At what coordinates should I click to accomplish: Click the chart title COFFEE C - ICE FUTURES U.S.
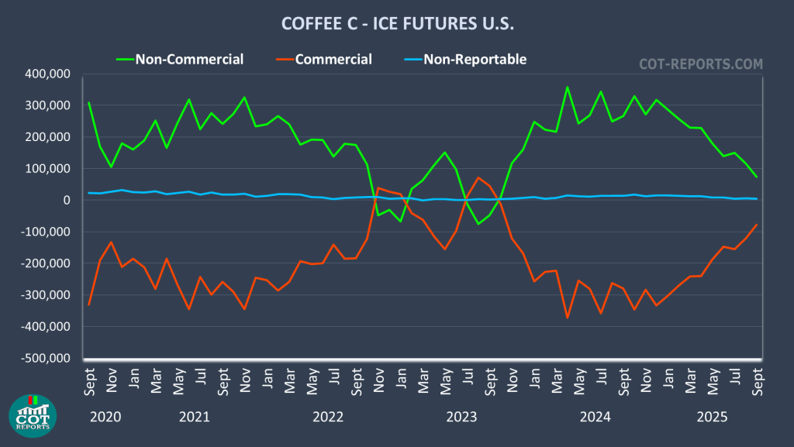pyautogui.click(x=397, y=25)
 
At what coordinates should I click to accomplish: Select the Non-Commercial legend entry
pyautogui.click(x=189, y=59)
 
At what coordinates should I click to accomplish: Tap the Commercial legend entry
pyautogui.click(x=333, y=59)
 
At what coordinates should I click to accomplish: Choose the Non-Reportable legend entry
pyautogui.click(x=475, y=59)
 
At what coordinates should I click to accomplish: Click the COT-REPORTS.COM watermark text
pyautogui.click(x=700, y=64)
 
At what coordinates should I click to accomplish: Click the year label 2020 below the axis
pyautogui.click(x=105, y=417)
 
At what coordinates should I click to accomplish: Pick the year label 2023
pyautogui.click(x=461, y=417)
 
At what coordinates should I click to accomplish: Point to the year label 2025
pyautogui.click(x=712, y=417)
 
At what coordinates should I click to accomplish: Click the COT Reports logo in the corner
pyautogui.click(x=31, y=414)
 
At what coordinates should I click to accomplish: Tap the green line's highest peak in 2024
pyautogui.click(x=567, y=87)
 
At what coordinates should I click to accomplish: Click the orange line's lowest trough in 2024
pyautogui.click(x=567, y=318)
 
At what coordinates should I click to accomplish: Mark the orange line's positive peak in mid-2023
pyautogui.click(x=478, y=177)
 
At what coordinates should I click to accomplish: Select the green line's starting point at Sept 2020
pyautogui.click(x=88, y=102)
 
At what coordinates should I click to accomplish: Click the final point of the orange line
pyautogui.click(x=756, y=225)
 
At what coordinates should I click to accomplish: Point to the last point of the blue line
pyautogui.click(x=756, y=199)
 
